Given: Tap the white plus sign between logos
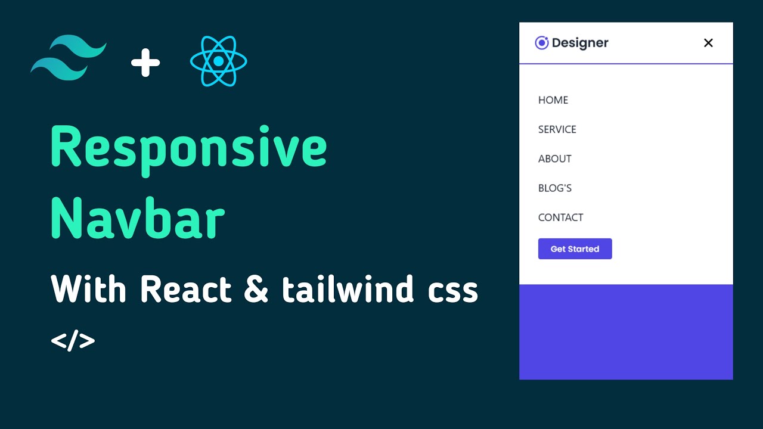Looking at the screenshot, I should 145,63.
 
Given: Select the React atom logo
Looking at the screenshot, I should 218,61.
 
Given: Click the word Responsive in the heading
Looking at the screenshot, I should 188,148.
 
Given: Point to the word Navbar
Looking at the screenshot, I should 138,219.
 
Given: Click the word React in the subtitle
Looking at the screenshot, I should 185,290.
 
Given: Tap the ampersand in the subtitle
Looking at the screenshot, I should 256,291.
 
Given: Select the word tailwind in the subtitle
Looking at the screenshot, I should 348,290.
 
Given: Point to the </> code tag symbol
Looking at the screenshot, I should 73,341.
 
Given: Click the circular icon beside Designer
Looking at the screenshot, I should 541,43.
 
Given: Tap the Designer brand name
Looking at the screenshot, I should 579,43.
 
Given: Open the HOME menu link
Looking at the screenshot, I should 553,100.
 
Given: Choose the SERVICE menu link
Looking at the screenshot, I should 557,129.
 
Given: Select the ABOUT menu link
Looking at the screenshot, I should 554,158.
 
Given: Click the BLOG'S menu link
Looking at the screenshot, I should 554,188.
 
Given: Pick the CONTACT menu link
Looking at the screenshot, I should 560,217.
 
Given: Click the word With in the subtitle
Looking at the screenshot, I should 89,290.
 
